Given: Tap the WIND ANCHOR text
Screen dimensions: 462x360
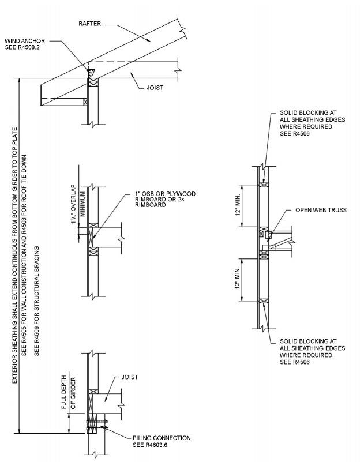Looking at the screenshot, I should click(x=27, y=42).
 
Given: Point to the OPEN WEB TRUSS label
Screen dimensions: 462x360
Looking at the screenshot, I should click(x=321, y=210).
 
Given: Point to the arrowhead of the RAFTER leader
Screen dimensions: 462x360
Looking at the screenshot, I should click(x=149, y=42).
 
